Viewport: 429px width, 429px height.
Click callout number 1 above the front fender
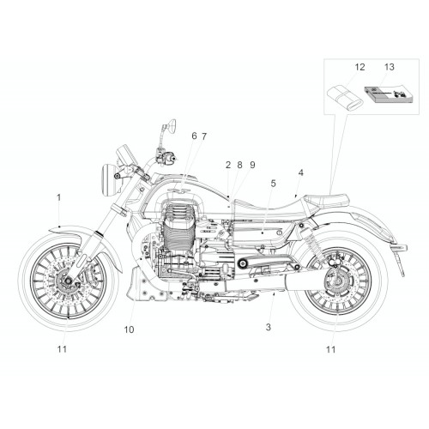[x=59, y=197]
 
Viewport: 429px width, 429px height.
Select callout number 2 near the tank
[x=228, y=165]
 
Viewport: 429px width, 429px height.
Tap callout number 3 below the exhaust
[x=268, y=327]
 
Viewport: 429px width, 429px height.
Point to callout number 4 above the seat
[x=300, y=172]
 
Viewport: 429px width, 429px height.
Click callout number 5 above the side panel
[x=274, y=184]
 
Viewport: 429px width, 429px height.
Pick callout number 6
[x=194, y=136]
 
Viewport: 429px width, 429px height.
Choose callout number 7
[x=203, y=136]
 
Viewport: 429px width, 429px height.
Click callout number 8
[x=239, y=165]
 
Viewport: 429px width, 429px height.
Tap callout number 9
[x=252, y=165]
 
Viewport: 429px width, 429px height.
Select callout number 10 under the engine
[x=129, y=329]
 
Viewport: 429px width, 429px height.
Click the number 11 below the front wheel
[x=62, y=349]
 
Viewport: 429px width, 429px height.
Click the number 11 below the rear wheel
[x=330, y=349]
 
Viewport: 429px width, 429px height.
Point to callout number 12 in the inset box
[x=360, y=67]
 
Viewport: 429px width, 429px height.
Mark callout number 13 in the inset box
[x=390, y=67]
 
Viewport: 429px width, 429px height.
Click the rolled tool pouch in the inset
[x=345, y=97]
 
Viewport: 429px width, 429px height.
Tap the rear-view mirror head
[x=172, y=125]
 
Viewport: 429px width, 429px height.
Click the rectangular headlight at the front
[x=110, y=179]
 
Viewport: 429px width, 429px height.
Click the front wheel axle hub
[x=68, y=281]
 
